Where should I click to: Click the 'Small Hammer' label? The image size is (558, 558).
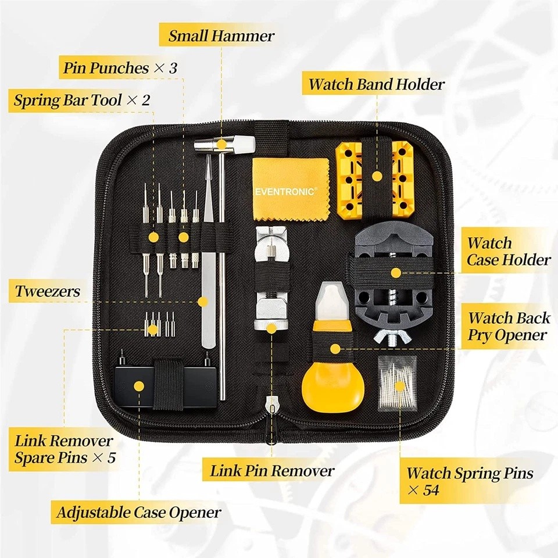point(221,36)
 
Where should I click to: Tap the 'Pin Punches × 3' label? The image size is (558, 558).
point(120,68)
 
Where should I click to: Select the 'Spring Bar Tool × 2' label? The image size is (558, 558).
point(82,100)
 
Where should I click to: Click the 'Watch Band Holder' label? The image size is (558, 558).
point(376,84)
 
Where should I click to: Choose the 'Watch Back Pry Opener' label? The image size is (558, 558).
point(508,327)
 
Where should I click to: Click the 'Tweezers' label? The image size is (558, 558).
point(47,291)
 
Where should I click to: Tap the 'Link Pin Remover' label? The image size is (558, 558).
point(272,470)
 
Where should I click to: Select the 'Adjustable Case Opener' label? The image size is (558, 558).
point(138,512)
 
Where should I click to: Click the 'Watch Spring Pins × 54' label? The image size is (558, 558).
point(469,481)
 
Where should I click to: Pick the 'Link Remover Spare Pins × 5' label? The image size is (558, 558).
point(65,449)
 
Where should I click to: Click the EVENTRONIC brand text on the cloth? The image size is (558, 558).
point(285,191)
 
